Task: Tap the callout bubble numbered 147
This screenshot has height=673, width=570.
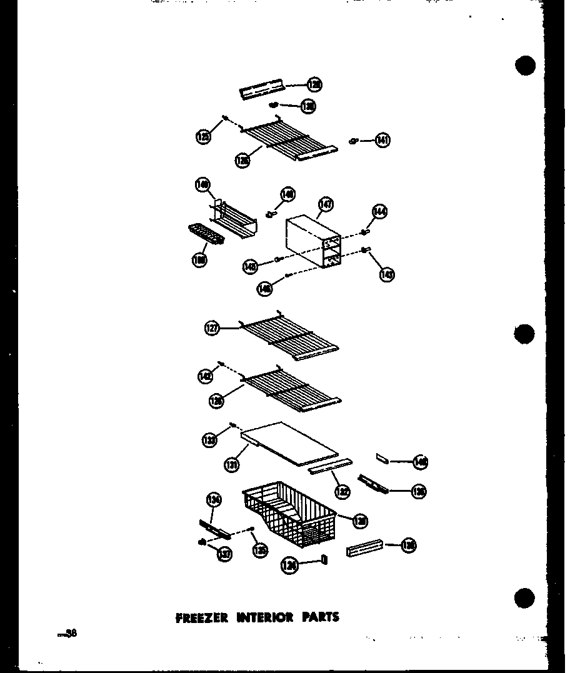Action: pyautogui.click(x=326, y=204)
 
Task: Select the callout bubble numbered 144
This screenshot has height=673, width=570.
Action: pyautogui.click(x=379, y=212)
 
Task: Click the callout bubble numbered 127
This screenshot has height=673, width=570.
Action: pyautogui.click(x=212, y=327)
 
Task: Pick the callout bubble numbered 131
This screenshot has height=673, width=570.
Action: pyautogui.click(x=232, y=464)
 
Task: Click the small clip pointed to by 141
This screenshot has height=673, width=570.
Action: pyautogui.click(x=354, y=141)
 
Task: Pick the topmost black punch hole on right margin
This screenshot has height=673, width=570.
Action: pyautogui.click(x=526, y=65)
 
